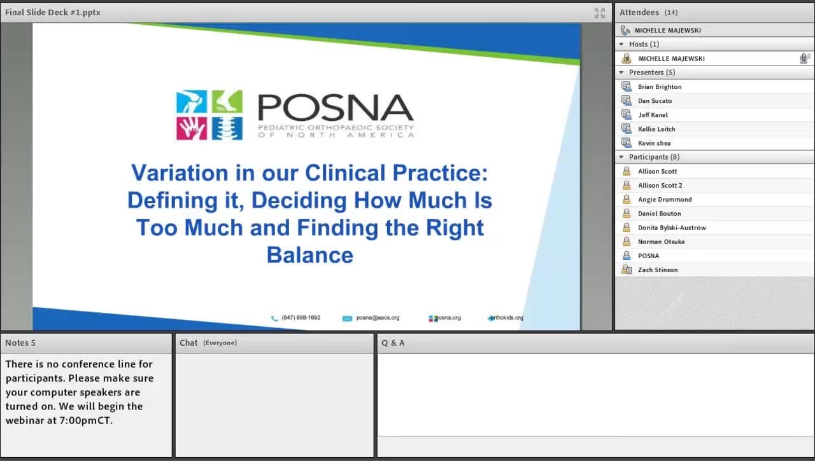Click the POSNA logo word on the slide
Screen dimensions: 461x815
tap(336, 108)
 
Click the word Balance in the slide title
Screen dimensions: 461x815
tap(310, 255)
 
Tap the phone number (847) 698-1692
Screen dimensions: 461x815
tap(301, 318)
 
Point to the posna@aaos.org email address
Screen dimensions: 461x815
tap(378, 318)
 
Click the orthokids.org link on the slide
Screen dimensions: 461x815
tap(507, 318)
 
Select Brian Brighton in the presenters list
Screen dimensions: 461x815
tap(660, 87)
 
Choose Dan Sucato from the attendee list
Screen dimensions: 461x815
tap(655, 101)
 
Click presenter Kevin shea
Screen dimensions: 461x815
tap(654, 143)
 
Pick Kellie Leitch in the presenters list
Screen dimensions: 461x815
tap(656, 129)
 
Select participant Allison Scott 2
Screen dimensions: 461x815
tap(660, 186)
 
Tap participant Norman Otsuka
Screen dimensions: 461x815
tap(661, 242)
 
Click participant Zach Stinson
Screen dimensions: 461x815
tap(658, 270)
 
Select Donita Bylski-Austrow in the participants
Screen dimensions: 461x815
tap(672, 228)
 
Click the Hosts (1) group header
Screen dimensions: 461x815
tap(644, 45)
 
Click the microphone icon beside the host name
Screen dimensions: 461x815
tap(805, 58)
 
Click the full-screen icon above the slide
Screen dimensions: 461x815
tap(599, 13)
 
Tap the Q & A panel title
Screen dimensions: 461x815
tap(393, 343)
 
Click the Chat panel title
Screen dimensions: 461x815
tap(188, 343)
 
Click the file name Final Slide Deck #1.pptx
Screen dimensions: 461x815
tap(53, 13)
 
